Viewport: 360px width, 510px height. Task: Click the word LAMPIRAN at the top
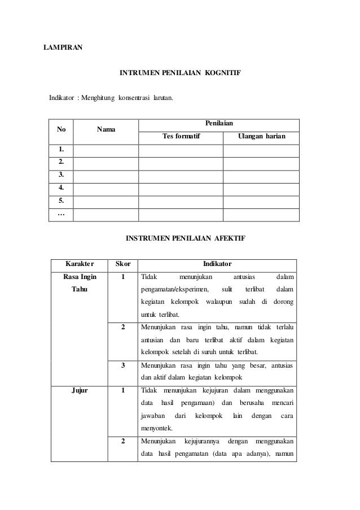pyautogui.click(x=63, y=47)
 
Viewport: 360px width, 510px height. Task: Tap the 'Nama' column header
pyautogui.click(x=106, y=129)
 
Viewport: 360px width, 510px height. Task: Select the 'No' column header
pyautogui.click(x=61, y=129)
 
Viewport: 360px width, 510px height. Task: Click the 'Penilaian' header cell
pyautogui.click(x=218, y=123)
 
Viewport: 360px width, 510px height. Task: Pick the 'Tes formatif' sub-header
pyautogui.click(x=181, y=136)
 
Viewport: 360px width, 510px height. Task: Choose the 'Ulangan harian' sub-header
pyautogui.click(x=261, y=136)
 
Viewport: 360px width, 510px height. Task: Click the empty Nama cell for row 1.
pyautogui.click(x=106, y=150)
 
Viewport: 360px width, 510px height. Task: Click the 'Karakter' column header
pyautogui.click(x=80, y=264)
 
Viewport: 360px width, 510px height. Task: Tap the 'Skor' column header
pyautogui.click(x=122, y=264)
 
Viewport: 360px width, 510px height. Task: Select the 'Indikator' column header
pyautogui.click(x=217, y=264)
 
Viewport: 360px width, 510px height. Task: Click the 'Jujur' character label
pyautogui.click(x=80, y=390)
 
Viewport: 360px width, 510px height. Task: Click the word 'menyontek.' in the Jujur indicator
pyautogui.click(x=157, y=428)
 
